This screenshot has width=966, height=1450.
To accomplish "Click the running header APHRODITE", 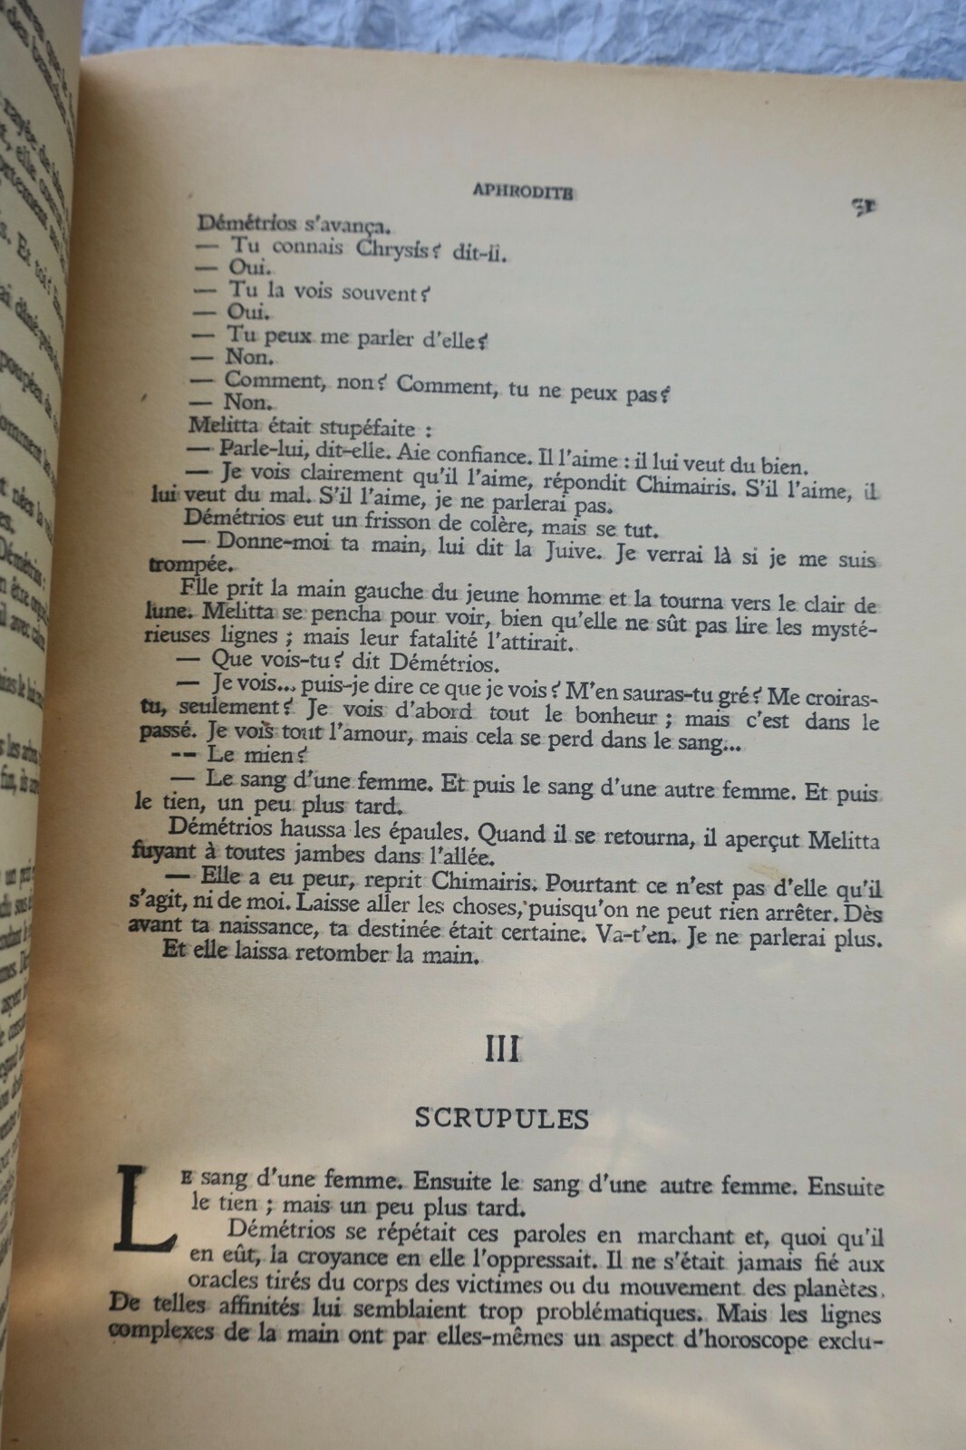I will (x=523, y=192).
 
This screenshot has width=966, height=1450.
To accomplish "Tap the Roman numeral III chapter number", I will (x=502, y=1049).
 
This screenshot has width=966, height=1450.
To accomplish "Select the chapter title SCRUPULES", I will (x=501, y=1118).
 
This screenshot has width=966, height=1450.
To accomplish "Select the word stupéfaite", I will (x=367, y=427).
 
